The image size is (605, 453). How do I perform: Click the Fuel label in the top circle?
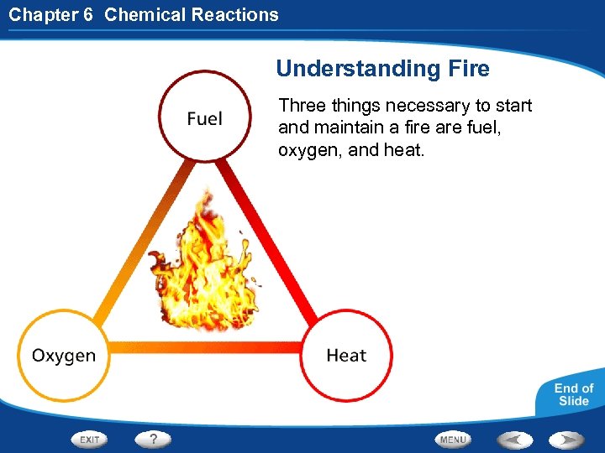coord(205,119)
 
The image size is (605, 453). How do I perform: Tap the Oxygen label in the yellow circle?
coord(64,355)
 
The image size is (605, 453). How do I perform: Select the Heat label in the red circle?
coord(346,355)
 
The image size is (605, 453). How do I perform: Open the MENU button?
coord(453,440)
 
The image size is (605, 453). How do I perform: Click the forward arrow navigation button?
coord(568,439)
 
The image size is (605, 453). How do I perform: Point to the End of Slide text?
coord(574,394)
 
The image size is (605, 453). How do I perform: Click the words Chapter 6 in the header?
coord(50,14)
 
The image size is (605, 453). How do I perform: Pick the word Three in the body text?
coord(300,106)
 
